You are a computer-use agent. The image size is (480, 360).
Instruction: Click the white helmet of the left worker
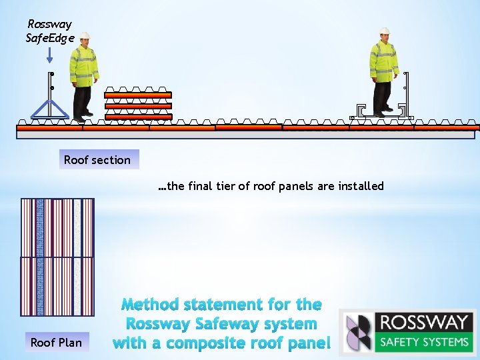pyautogui.click(x=85, y=35)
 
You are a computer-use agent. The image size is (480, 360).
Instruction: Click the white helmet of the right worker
pyautogui.click(x=385, y=31)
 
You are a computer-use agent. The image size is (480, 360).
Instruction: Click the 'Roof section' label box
pyautogui.click(x=98, y=160)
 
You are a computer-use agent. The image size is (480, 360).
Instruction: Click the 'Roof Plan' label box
pyautogui.click(x=56, y=343)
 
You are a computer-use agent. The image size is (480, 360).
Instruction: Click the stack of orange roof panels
pyautogui.click(x=138, y=105)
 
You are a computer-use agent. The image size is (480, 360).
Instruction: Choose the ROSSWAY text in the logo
pyautogui.click(x=423, y=323)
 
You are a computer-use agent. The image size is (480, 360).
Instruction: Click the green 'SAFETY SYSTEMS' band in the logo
pyautogui.click(x=423, y=343)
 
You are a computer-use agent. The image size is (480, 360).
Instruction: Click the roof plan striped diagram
pyautogui.click(x=57, y=256)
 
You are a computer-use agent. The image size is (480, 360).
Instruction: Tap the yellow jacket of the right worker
pyautogui.click(x=384, y=60)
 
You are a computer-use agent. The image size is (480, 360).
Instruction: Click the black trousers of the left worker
pyautogui.click(x=83, y=100)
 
